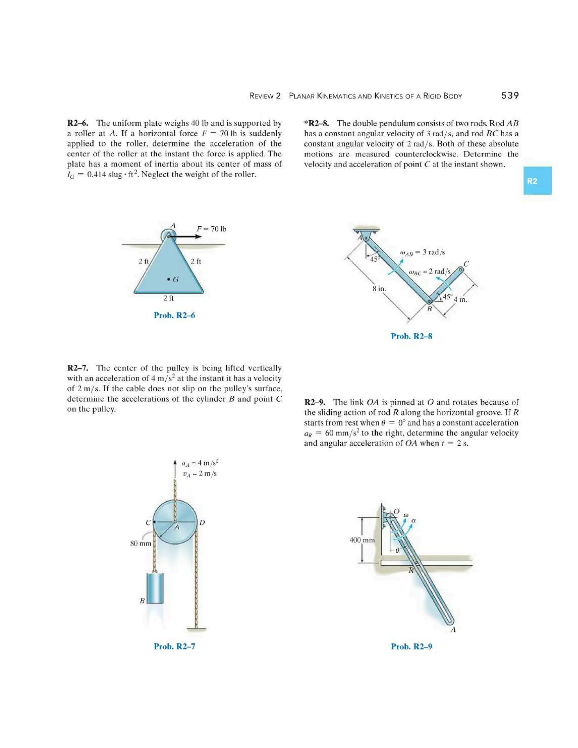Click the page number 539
point(510,96)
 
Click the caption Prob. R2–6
point(174,316)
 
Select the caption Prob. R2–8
point(411,336)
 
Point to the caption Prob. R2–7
point(174,646)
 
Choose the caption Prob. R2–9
point(411,646)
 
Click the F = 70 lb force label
point(211,229)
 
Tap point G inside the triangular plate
point(168,279)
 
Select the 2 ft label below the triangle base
point(168,298)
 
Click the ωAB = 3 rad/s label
point(422,252)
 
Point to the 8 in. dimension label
point(379,289)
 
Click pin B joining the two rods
point(429,301)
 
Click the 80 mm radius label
point(140,543)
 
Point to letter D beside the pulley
point(202,522)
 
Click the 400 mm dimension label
point(362,540)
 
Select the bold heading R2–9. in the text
point(315,402)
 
